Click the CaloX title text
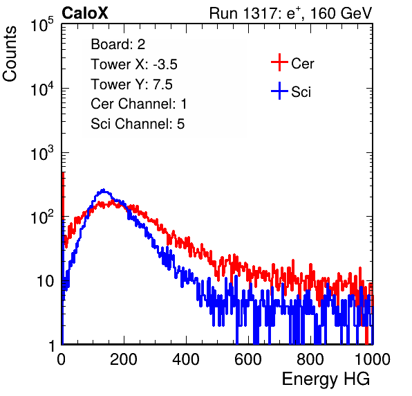click(85, 13)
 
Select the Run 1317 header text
click(290, 13)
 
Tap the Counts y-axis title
click(10, 54)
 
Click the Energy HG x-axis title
click(326, 379)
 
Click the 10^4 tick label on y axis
click(41, 89)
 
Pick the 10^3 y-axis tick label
click(41, 153)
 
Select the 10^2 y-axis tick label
click(41, 217)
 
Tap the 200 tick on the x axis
click(124, 359)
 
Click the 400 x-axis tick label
click(186, 359)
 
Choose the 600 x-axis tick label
click(248, 359)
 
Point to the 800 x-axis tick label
click(310, 359)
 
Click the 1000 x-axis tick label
click(373, 359)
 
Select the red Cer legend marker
click(279, 62)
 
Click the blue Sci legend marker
click(279, 91)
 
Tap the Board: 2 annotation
click(118, 44)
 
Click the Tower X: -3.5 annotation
click(134, 64)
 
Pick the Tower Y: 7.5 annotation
click(131, 84)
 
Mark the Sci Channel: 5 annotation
click(138, 124)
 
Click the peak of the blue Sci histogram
click(104, 190)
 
